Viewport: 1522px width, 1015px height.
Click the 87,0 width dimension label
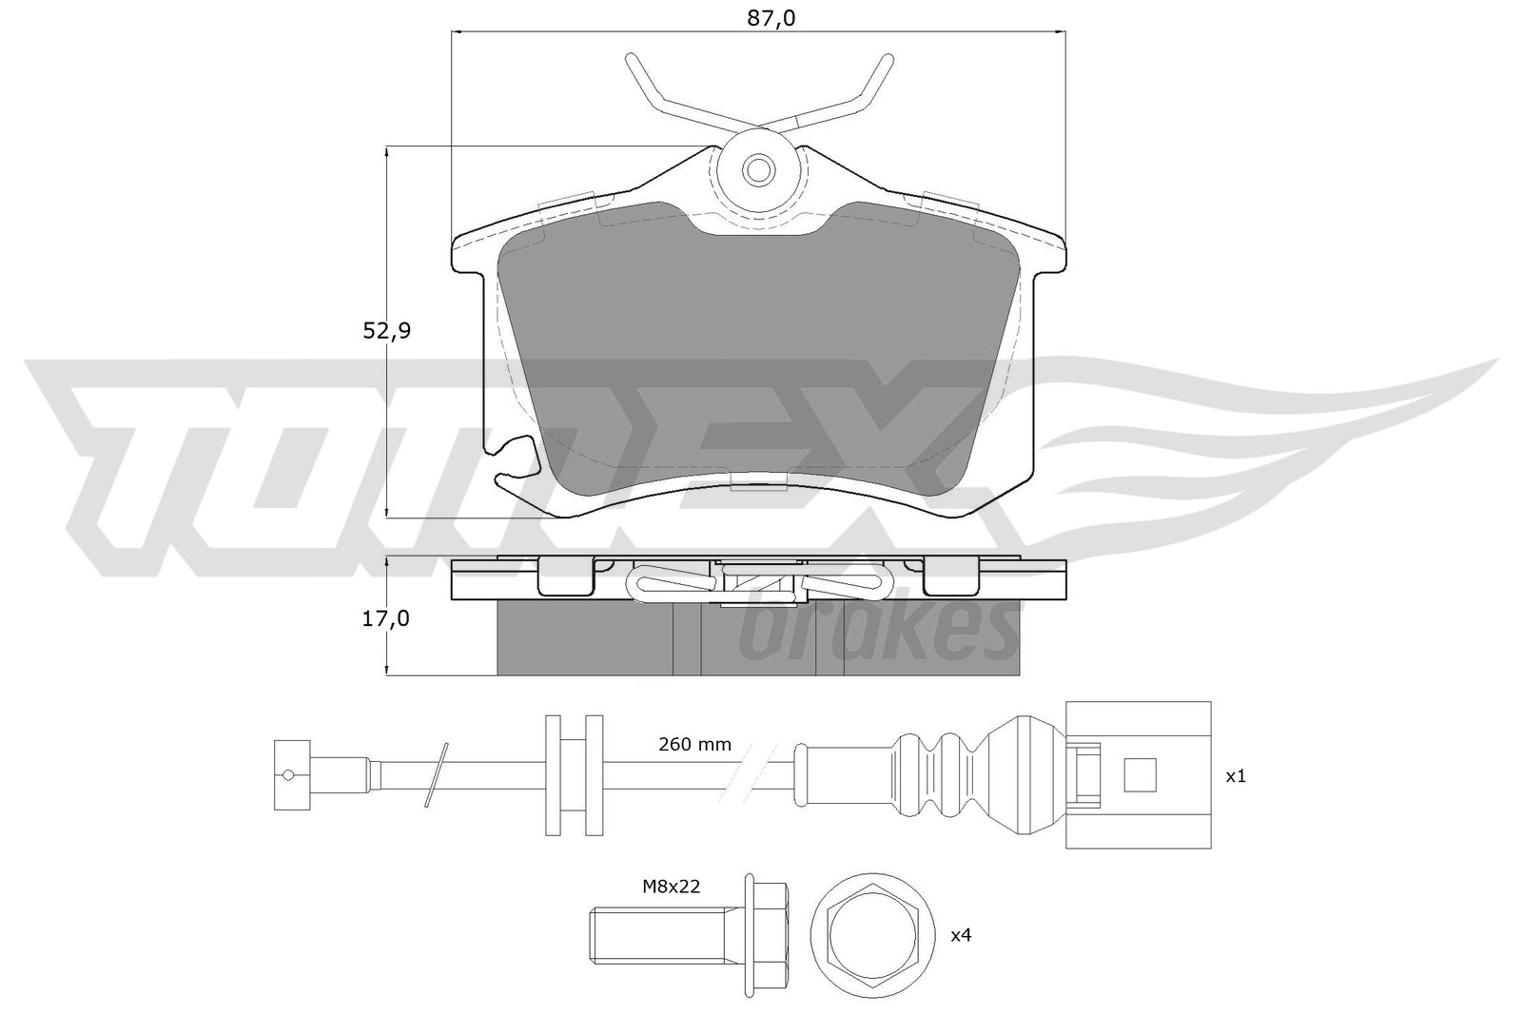click(x=771, y=18)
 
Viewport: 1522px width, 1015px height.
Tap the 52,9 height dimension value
click(x=386, y=331)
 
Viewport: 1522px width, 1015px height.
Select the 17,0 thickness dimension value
click(x=386, y=618)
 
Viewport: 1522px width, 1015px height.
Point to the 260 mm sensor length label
click(x=694, y=745)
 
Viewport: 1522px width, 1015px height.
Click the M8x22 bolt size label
click(x=672, y=886)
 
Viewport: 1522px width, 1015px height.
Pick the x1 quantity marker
click(x=1236, y=776)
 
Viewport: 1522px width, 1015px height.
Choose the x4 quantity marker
click(x=961, y=935)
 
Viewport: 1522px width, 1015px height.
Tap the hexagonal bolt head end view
click(x=872, y=934)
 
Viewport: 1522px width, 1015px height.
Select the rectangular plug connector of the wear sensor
click(x=1138, y=775)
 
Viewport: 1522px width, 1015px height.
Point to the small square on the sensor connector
click(x=1141, y=775)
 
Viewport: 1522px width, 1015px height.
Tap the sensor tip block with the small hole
click(x=292, y=775)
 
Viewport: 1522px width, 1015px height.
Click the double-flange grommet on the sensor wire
click(x=575, y=775)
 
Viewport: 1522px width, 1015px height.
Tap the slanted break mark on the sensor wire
click(x=437, y=775)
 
